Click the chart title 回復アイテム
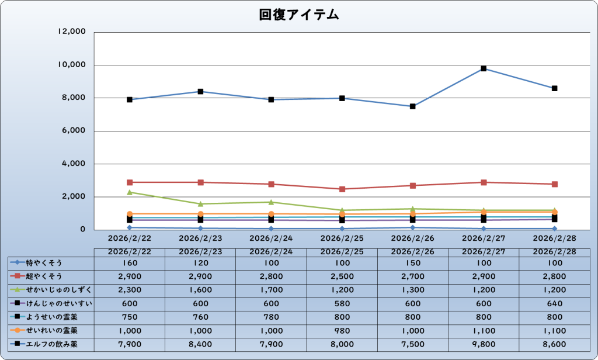(299, 15)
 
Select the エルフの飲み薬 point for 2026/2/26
(413, 106)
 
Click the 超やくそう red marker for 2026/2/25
(342, 189)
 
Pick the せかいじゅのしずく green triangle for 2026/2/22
(129, 192)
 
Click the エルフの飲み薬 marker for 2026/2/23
(200, 91)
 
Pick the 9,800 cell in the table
(484, 344)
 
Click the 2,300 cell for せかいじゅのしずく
(129, 290)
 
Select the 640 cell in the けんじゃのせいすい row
(554, 303)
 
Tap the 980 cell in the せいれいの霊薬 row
(342, 331)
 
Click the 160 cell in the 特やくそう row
(129, 263)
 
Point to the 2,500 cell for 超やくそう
(342, 276)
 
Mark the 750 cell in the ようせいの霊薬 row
(129, 317)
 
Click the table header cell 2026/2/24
(271, 251)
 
